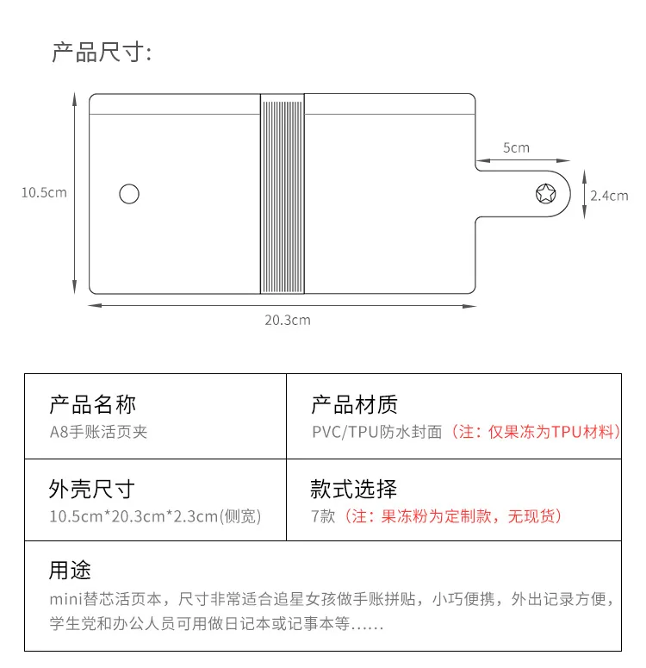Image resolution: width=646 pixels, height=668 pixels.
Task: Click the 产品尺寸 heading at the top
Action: coord(102,53)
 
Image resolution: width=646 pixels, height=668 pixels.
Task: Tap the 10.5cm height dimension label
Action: coord(44,192)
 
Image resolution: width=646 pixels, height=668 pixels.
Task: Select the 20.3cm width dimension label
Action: coord(287,320)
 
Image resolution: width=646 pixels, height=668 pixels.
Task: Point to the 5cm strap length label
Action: coord(516,147)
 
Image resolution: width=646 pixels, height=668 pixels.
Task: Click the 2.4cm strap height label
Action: coord(609,196)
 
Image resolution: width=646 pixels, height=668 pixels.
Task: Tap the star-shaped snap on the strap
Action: coord(546,193)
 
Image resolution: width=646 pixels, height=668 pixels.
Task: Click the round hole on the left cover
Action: coord(129,194)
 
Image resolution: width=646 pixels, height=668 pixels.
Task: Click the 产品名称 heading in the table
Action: coord(92,403)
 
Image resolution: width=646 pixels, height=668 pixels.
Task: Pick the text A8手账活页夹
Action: coord(98,431)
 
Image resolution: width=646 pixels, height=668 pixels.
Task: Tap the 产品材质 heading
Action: coord(354,403)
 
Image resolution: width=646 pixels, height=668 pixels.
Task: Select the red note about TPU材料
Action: coord(534,431)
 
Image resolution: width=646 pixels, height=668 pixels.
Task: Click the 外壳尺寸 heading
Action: coord(92,490)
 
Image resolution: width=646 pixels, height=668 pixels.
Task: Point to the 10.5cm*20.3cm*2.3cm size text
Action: coord(155,516)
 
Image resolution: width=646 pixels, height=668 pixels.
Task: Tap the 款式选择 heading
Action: coord(354,490)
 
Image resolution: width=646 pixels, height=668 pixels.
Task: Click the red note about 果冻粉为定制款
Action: coord(450,516)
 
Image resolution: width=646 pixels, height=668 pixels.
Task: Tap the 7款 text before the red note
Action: coord(321,516)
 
